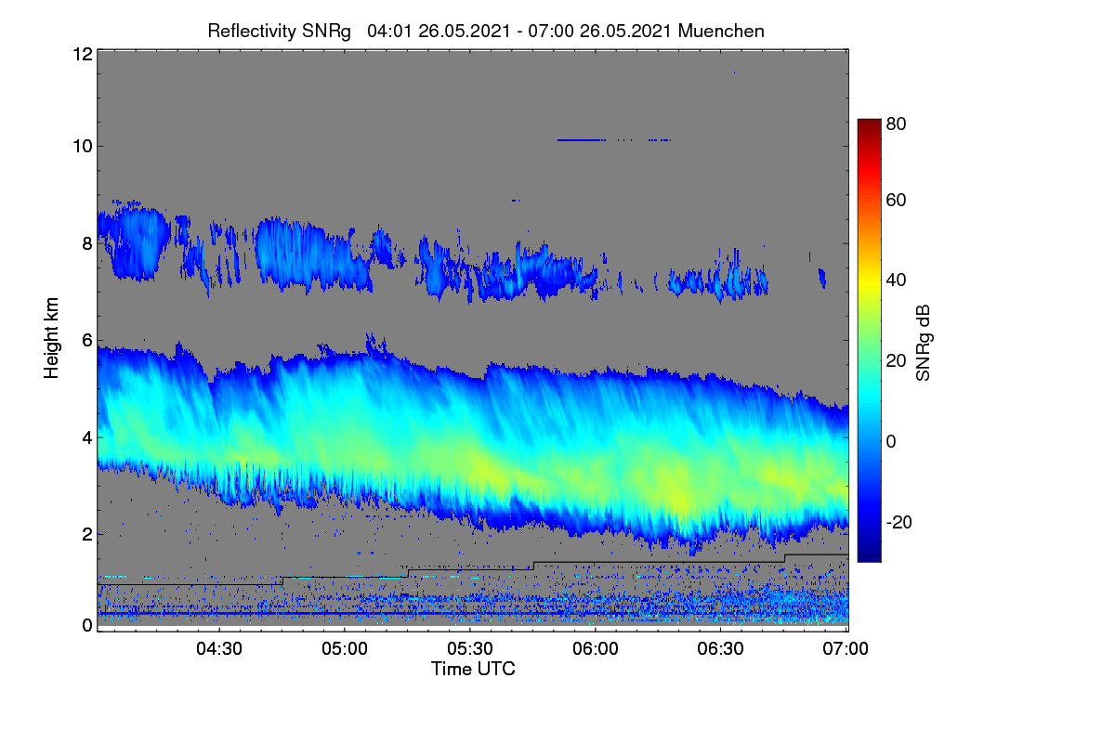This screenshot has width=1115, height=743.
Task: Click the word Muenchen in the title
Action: [x=721, y=31]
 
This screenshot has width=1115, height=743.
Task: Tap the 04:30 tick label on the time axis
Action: [x=219, y=648]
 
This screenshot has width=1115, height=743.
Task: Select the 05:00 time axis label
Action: [x=345, y=648]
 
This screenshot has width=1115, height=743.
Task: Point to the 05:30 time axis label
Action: [x=470, y=648]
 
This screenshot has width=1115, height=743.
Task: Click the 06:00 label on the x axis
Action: [x=596, y=648]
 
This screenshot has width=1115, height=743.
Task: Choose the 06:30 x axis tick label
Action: [x=720, y=648]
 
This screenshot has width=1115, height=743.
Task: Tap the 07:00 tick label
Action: [x=846, y=648]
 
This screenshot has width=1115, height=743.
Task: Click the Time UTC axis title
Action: [x=473, y=669]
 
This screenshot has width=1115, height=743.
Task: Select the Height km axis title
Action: [x=51, y=338]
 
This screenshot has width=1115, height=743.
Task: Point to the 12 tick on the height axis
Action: [x=83, y=54]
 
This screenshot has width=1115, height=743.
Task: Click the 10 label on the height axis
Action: [x=83, y=147]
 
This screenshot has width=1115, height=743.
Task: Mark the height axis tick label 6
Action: [x=87, y=341]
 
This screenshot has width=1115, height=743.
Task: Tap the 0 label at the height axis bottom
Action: [x=87, y=625]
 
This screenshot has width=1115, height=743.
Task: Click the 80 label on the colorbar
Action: [x=896, y=124]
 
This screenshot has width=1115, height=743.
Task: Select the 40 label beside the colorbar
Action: [x=896, y=280]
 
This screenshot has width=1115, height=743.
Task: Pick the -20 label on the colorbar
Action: [x=899, y=522]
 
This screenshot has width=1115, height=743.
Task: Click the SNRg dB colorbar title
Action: [x=924, y=343]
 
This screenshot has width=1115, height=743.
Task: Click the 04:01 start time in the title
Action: [x=389, y=32]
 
